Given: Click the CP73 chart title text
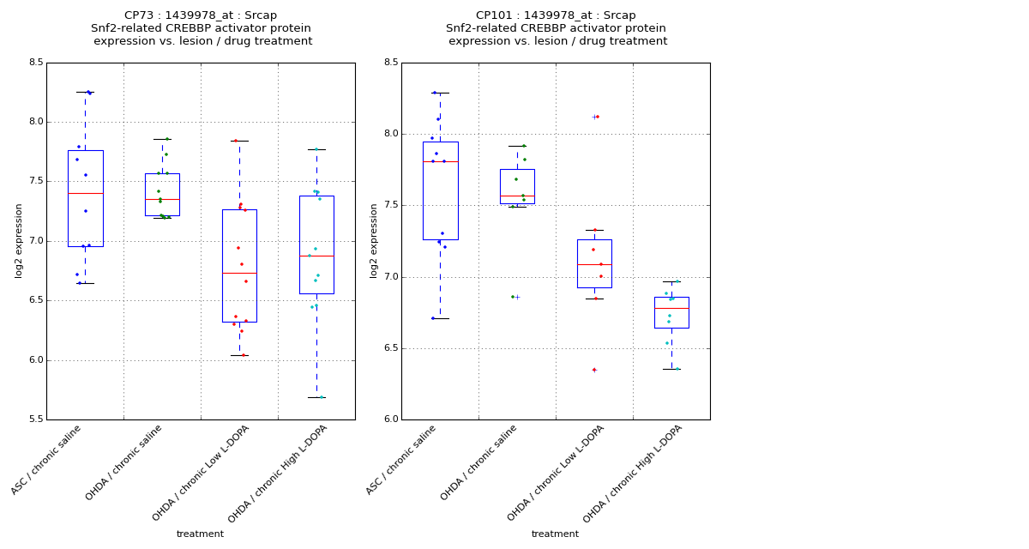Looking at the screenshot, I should [x=201, y=28].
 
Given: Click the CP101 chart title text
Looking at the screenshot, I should [x=556, y=28].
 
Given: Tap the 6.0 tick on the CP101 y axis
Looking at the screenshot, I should [x=390, y=419].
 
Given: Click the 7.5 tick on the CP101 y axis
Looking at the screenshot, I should [x=390, y=205].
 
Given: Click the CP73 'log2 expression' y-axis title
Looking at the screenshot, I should [x=19, y=240].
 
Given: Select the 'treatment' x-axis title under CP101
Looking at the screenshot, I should [x=555, y=534].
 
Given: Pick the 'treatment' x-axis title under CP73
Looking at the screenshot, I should [x=200, y=534].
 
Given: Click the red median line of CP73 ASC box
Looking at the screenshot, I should [x=86, y=193].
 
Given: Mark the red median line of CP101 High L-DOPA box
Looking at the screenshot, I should [x=671, y=308].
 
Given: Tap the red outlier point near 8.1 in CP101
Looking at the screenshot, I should [x=598, y=117].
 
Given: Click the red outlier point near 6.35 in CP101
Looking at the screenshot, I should [x=594, y=370].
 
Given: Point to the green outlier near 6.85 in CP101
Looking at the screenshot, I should [x=513, y=297].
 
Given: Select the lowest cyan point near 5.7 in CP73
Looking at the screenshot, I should [x=321, y=397].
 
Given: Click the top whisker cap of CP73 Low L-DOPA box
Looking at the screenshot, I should [x=239, y=141].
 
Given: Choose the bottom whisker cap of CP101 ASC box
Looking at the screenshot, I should [x=440, y=318].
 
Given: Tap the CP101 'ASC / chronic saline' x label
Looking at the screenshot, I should [x=401, y=461].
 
